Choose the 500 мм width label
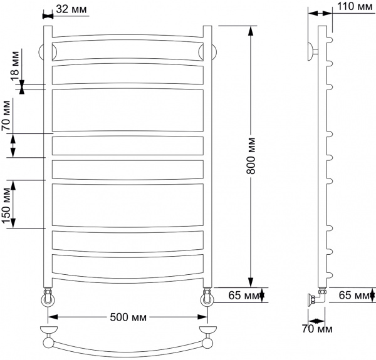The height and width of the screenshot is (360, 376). click(x=127, y=317)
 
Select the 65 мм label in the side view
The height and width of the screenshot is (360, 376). click(x=353, y=294)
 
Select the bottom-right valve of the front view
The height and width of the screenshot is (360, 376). click(x=207, y=297)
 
